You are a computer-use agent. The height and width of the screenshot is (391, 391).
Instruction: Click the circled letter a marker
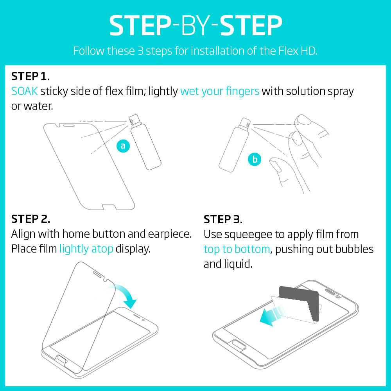click(123, 145)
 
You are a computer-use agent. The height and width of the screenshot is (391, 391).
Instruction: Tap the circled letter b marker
click(255, 159)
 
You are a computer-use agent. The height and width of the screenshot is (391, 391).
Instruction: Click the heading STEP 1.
click(30, 76)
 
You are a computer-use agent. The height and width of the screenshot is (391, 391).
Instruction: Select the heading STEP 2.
click(30, 219)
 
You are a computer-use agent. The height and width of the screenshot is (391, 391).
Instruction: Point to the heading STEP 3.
click(223, 219)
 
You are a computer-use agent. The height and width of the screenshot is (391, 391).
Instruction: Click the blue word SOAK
click(24, 91)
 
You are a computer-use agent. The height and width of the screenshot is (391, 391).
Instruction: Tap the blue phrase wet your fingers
click(220, 91)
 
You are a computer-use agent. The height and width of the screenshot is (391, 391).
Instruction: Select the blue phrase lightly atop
click(86, 249)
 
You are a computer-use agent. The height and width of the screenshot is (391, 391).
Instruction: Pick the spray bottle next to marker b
click(234, 145)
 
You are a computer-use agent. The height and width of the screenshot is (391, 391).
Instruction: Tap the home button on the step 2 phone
click(61, 359)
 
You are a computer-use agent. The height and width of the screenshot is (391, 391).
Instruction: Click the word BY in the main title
click(195, 26)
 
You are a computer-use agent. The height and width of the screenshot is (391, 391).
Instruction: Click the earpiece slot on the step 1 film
click(68, 126)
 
